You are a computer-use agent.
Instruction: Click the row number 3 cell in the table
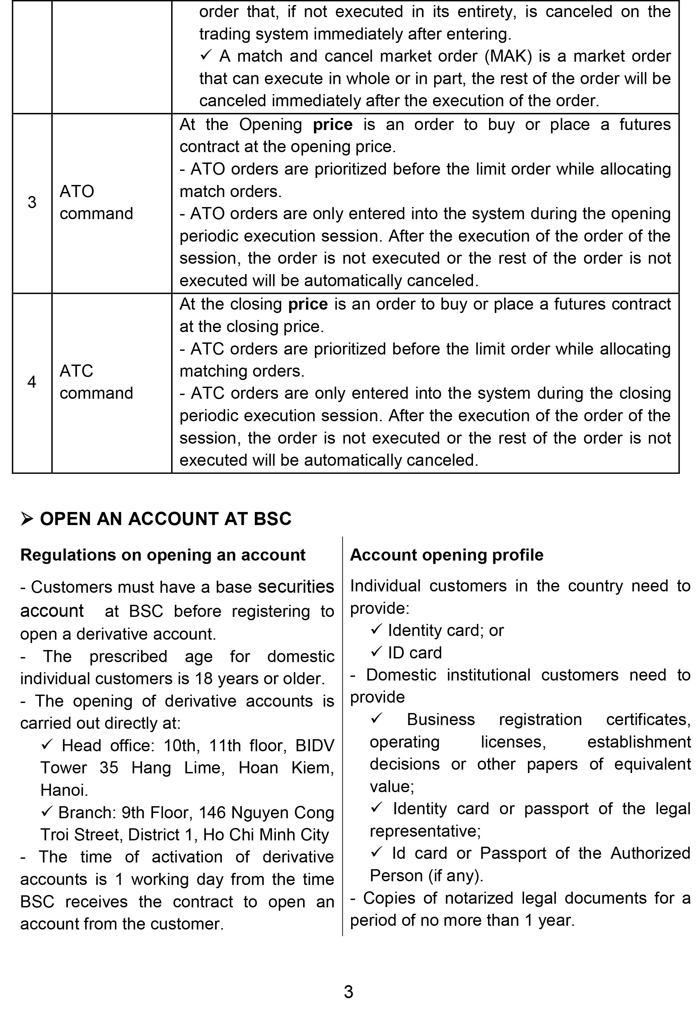pos(32,202)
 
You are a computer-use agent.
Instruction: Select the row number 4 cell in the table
pos(32,382)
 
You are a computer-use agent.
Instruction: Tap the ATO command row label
pos(96,202)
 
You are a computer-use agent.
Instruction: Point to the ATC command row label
pos(96,382)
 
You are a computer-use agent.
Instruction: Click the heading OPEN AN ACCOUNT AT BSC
pos(165,519)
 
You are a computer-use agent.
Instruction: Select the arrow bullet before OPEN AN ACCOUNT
pos(27,519)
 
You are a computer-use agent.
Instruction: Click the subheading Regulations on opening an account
pos(162,555)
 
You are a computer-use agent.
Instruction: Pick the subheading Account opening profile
pos(446,555)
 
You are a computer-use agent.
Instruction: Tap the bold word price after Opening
pos(333,124)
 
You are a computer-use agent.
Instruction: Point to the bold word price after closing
pos(308,304)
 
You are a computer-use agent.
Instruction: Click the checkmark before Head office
pos(47,745)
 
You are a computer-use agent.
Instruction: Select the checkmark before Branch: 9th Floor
pos(47,812)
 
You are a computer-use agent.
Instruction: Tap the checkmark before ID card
pos(376,652)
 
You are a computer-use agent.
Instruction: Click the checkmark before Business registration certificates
pos(376,719)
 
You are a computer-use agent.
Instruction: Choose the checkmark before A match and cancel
pos(206,56)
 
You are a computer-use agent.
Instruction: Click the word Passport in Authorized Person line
pos(513,853)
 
